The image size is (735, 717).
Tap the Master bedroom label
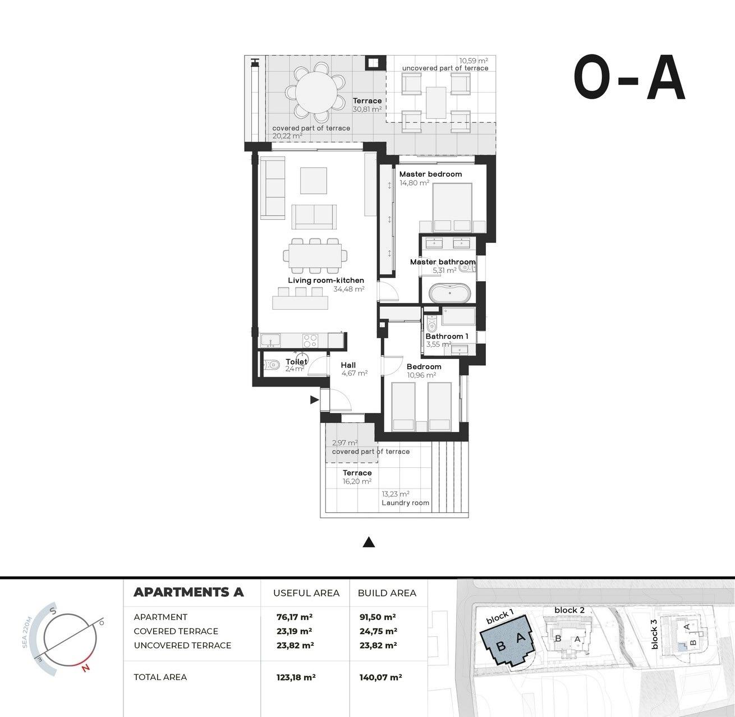pyautogui.click(x=430, y=174)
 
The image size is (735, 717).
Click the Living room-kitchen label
pyautogui.click(x=326, y=281)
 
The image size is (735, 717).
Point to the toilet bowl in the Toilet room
pyautogui.click(x=273, y=365)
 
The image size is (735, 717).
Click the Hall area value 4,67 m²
pyautogui.click(x=354, y=373)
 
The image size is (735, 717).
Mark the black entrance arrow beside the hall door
pyautogui.click(x=314, y=400)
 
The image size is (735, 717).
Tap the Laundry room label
pyautogui.click(x=405, y=503)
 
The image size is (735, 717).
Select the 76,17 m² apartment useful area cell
pyautogui.click(x=295, y=617)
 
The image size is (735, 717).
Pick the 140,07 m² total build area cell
pyautogui.click(x=380, y=677)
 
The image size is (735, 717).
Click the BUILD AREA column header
pyautogui.click(x=387, y=593)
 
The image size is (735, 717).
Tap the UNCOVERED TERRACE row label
pyautogui.click(x=182, y=645)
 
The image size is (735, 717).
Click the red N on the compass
pyautogui.click(x=85, y=668)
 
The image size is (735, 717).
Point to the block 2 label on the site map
pyautogui.click(x=569, y=610)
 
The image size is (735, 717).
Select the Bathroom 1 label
pyautogui.click(x=447, y=337)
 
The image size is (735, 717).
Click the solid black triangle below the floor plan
pyautogui.click(x=369, y=542)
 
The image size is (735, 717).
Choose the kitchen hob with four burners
pyautogui.click(x=310, y=340)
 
